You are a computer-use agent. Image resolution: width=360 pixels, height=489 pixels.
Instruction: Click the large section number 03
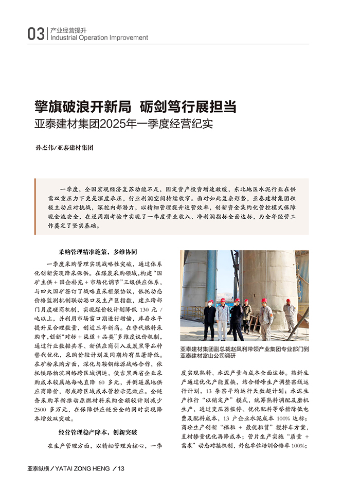pos(36,34)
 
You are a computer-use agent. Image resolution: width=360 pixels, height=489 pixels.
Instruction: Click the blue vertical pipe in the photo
pos(211,278)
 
